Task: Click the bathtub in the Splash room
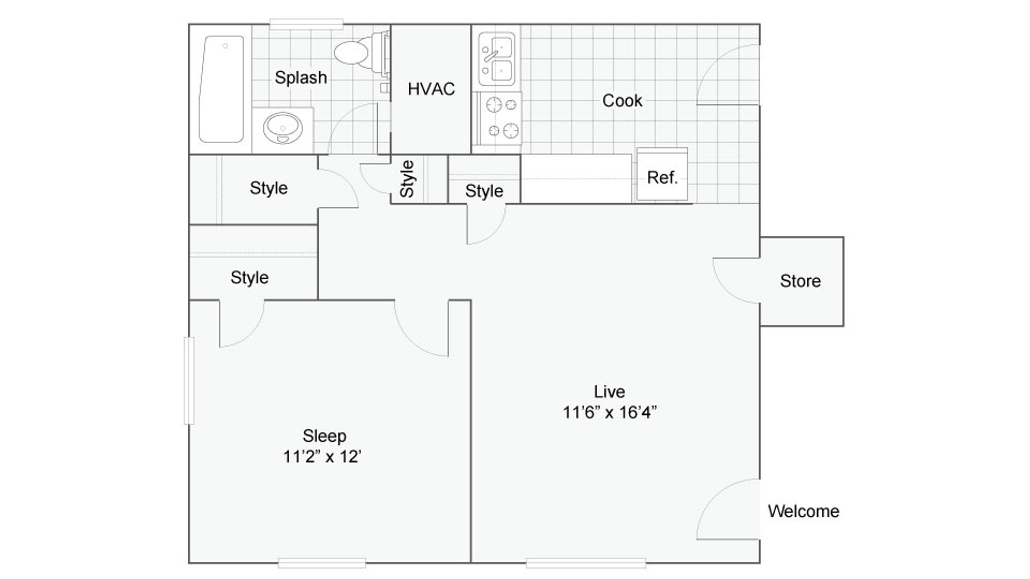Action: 221,89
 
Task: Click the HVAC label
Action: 431,89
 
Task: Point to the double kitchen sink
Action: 496,59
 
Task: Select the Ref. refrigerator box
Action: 662,176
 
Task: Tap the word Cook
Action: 622,100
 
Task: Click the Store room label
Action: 800,281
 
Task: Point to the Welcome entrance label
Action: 803,511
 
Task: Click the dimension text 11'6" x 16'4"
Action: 609,412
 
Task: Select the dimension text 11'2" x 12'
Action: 322,456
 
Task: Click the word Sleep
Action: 324,435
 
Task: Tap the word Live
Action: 609,391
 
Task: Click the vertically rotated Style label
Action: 408,179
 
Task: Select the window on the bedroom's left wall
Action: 189,380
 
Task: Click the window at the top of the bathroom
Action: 306,24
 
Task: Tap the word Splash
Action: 300,78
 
